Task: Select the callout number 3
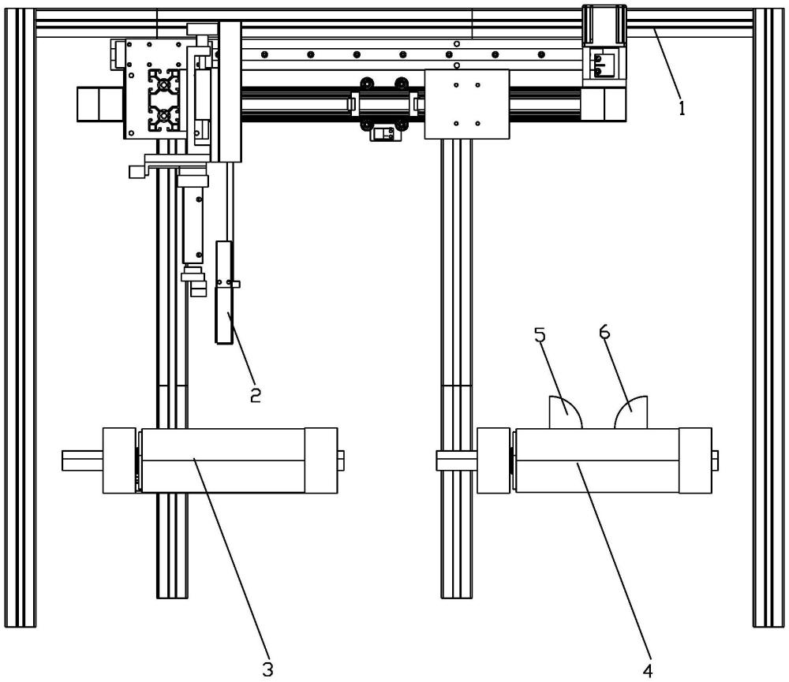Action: coord(267,669)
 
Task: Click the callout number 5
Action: coord(540,335)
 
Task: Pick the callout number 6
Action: coord(605,334)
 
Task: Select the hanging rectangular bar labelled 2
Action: coord(225,293)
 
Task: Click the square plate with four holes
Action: coord(466,104)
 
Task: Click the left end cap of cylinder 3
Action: coord(119,460)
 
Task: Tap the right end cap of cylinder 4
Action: coord(695,460)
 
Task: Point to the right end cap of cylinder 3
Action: coord(321,460)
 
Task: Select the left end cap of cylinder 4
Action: coord(493,460)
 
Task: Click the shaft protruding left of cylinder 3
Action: coord(82,460)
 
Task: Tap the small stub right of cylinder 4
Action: coord(715,460)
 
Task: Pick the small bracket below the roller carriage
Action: coord(385,134)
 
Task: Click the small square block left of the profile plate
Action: coord(93,103)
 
